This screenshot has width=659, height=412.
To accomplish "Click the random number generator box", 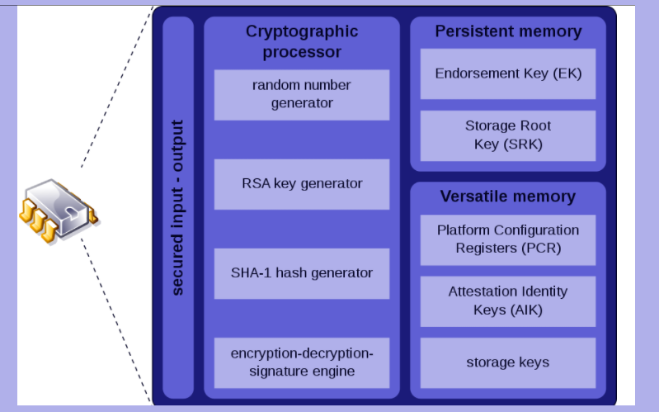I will [301, 94].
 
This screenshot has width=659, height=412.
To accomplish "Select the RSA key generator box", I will [301, 184].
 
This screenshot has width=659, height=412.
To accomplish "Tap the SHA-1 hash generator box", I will [301, 272].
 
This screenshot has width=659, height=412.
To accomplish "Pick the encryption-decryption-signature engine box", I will [301, 362].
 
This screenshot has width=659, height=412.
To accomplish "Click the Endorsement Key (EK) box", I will [508, 73].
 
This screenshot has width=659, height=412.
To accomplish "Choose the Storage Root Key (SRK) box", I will [508, 135].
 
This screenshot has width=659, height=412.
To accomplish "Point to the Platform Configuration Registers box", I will [508, 239].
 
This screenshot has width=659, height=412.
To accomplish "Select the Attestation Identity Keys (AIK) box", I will [508, 301].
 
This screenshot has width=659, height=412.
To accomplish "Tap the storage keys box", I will [508, 362].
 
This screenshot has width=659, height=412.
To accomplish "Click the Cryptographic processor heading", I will [302, 42].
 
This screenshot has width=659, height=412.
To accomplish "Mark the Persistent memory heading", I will [508, 32].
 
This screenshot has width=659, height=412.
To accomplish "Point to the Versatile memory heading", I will [508, 197].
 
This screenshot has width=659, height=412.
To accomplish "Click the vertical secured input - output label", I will [178, 207].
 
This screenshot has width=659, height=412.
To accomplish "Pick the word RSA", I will [255, 184].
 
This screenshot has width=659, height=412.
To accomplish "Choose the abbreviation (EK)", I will [567, 73].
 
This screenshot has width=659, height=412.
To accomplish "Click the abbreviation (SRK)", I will [525, 144].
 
